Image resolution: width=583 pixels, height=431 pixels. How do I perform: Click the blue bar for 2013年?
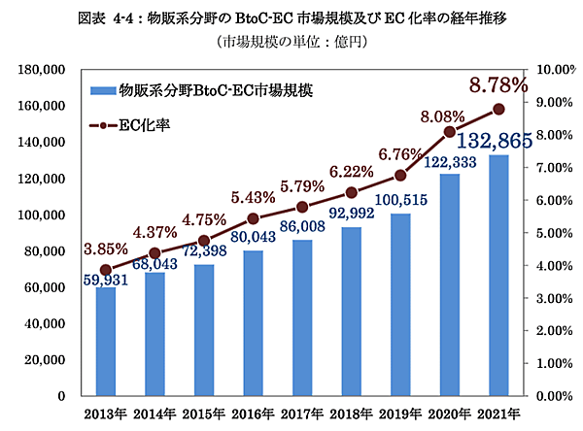tap(105, 342)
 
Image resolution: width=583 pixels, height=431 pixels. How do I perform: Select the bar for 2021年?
tap(498, 276)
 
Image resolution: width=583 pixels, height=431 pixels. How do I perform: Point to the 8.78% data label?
tap(497, 85)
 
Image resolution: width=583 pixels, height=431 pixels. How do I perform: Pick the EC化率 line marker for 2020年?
tap(449, 132)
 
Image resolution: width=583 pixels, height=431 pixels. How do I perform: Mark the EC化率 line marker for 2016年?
tap(253, 218)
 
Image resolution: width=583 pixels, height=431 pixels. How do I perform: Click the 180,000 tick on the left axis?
tap(42, 69)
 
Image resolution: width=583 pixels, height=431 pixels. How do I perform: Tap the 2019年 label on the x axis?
tap(399, 416)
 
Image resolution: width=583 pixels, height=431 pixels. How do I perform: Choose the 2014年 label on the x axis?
tap(154, 416)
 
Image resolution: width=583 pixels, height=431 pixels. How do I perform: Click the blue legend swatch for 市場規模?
tap(101, 90)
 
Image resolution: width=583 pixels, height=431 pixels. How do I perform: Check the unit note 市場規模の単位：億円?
tap(291, 43)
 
